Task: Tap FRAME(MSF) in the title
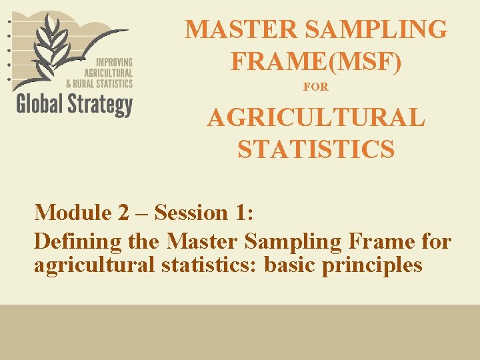[316, 61]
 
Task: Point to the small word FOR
[315, 87]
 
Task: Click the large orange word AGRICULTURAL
[316, 119]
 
